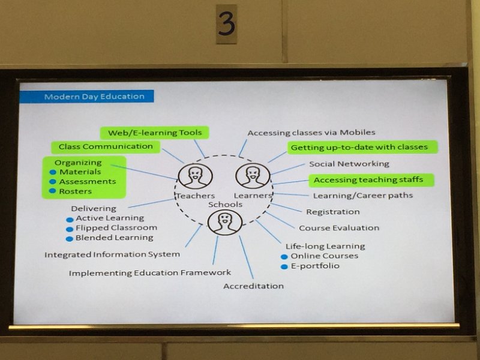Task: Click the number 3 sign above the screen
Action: (x=227, y=24)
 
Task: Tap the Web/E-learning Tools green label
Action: (x=155, y=133)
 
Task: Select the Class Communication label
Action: (x=106, y=146)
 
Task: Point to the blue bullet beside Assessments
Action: (x=53, y=182)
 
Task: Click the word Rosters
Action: (x=76, y=191)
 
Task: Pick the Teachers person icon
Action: (x=195, y=176)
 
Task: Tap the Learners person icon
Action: (x=253, y=175)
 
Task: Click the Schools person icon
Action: (x=224, y=222)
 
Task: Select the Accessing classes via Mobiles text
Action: (x=311, y=133)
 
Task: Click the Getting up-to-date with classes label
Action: (x=362, y=147)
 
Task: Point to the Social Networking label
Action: (x=349, y=164)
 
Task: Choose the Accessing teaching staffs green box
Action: (x=371, y=180)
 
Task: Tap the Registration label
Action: (x=333, y=212)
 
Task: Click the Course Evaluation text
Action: (x=339, y=228)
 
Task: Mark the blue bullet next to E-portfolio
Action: (x=284, y=266)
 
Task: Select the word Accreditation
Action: (x=253, y=286)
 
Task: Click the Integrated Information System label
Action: (x=112, y=254)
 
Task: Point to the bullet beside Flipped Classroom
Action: (x=70, y=229)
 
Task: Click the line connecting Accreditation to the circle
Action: (x=246, y=257)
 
